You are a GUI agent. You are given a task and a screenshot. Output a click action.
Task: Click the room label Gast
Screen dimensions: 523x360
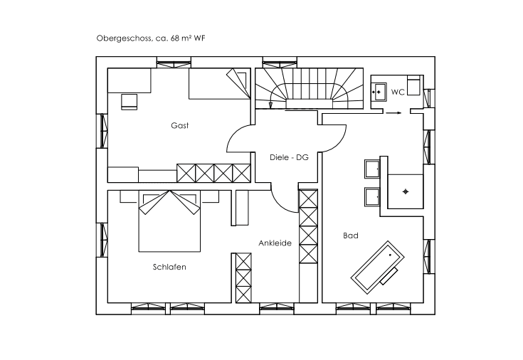click(x=180, y=125)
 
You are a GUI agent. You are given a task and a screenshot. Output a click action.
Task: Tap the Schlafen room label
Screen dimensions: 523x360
click(x=169, y=267)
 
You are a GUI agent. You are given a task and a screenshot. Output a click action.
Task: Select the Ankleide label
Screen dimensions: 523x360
click(x=275, y=243)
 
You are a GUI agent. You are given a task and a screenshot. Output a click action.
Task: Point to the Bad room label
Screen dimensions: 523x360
click(x=351, y=235)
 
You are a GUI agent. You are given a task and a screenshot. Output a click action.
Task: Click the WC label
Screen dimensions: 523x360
click(x=398, y=92)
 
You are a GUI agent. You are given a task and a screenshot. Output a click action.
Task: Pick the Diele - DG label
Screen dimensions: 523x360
click(x=289, y=157)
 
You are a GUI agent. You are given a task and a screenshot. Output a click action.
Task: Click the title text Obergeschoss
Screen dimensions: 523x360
click(x=125, y=38)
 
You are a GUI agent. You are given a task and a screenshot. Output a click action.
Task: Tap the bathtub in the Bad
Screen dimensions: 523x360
click(x=378, y=268)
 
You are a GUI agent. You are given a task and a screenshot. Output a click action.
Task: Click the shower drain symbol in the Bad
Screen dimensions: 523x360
click(x=406, y=191)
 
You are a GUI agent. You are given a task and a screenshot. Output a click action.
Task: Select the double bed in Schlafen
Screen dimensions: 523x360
click(x=169, y=221)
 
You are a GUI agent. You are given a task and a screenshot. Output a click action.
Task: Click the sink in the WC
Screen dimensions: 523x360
click(x=379, y=92)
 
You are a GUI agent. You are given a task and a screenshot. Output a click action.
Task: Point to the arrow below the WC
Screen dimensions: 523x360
click(x=393, y=113)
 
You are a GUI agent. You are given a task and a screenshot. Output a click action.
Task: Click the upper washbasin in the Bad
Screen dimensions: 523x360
click(x=372, y=169)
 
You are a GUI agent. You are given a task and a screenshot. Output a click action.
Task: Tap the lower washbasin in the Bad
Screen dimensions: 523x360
click(x=372, y=197)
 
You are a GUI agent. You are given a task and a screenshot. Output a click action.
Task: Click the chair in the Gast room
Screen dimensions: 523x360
click(x=129, y=102)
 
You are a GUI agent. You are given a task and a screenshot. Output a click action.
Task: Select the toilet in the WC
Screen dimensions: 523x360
click(x=413, y=86)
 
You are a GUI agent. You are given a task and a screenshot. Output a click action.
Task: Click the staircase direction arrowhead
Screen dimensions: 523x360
click(x=270, y=105)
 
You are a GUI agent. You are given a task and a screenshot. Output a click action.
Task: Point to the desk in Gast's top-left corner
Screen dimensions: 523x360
click(x=129, y=80)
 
